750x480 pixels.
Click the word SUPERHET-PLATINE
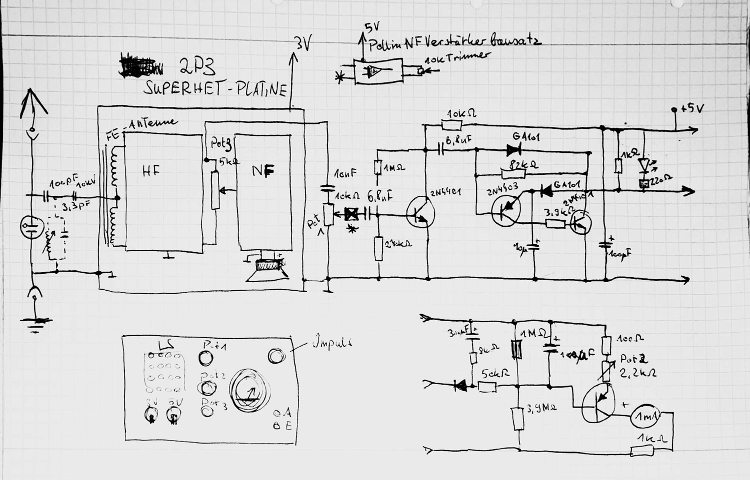[x=215, y=89]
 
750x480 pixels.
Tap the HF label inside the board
[x=151, y=171]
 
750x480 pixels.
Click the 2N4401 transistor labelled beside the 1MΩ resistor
[x=419, y=212]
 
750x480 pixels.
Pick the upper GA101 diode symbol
[x=513, y=149]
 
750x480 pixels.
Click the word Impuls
[x=332, y=343]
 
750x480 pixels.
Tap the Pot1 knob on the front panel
[x=205, y=358]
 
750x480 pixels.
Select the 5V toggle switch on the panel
[x=173, y=414]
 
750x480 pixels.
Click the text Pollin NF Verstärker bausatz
[x=455, y=44]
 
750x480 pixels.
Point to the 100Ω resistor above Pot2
[x=606, y=345]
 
